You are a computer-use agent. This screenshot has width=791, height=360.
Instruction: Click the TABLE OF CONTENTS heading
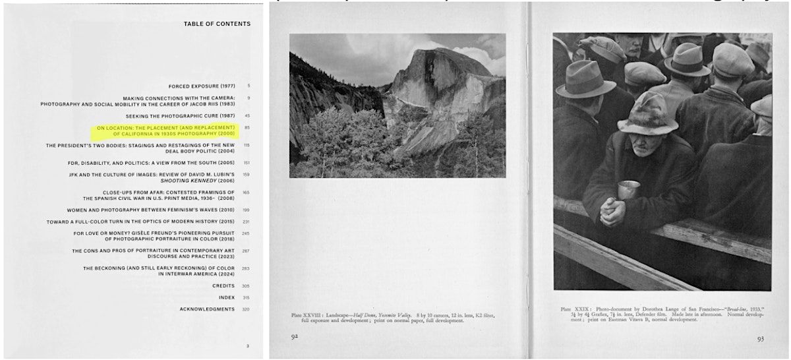[217, 24]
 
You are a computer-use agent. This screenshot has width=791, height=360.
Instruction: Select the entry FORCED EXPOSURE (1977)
[202, 86]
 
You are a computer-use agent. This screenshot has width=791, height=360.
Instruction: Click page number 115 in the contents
[247, 145]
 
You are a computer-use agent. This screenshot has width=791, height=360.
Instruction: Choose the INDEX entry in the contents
[227, 297]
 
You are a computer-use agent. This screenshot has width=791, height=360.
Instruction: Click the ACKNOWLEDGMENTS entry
[207, 309]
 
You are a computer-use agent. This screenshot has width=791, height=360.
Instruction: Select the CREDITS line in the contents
[223, 285]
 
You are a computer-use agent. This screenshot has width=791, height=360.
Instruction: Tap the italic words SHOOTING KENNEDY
[209, 180]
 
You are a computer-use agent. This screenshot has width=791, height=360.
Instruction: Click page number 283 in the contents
[247, 268]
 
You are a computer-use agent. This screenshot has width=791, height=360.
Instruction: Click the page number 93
[761, 339]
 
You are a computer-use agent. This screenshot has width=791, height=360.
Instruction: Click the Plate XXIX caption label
[575, 309]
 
